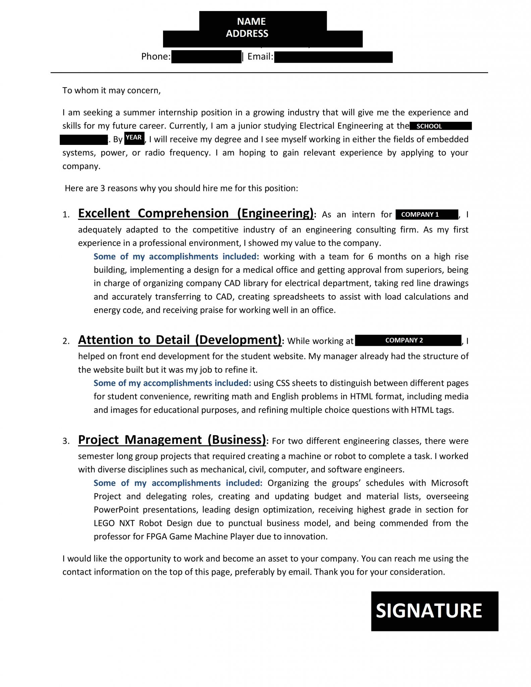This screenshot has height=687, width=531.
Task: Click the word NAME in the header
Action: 251,21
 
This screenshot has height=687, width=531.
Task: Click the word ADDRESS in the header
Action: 247,34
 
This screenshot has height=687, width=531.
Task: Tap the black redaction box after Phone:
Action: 206,57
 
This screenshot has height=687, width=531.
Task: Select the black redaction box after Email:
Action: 333,57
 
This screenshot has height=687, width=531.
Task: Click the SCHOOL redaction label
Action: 429,126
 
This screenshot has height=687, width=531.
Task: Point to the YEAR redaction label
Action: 134,138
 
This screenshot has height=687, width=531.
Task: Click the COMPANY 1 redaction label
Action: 420,215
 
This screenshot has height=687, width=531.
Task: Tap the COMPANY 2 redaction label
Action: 404,340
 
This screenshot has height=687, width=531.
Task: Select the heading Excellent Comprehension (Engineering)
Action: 196,213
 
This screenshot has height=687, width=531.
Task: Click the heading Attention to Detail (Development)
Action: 180,340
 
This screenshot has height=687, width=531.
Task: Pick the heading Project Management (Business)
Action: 172,439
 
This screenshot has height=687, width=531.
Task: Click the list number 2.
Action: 66,341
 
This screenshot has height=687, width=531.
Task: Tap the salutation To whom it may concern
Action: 111,91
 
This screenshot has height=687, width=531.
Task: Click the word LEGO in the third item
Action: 104,523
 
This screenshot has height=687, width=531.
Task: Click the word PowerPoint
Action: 116,510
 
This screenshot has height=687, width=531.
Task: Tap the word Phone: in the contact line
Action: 156,57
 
